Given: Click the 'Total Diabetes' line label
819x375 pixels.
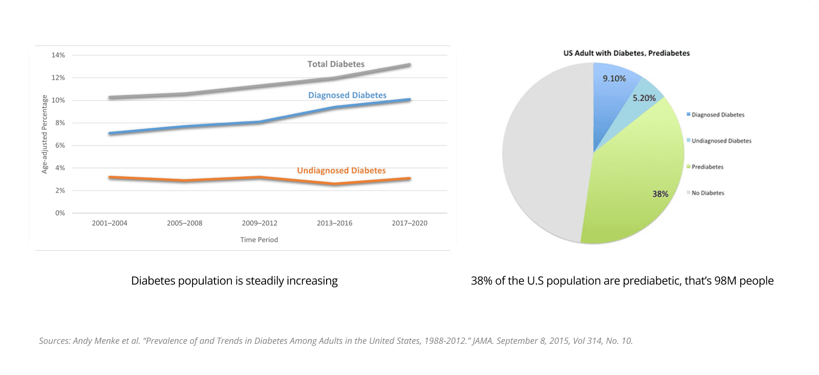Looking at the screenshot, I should coord(336,64).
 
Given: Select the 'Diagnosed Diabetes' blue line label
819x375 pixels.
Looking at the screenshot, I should coord(347,96).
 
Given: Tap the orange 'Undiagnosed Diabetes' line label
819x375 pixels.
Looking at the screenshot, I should coord(341,171).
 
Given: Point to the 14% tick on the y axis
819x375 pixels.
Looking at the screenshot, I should coord(58,55).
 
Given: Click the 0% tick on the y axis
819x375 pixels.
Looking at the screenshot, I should coord(60,213).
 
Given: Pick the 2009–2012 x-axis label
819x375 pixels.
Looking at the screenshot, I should coord(260,223).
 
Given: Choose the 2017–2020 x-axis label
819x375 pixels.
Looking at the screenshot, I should coord(409,223).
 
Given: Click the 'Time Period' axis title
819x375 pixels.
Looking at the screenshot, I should coord(259,240).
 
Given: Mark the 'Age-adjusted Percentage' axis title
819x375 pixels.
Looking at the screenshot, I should coord(45,134).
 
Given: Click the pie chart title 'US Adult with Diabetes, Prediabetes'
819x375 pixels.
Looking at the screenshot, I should coord(627,53).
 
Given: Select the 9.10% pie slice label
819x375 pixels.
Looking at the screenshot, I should coord(614,79).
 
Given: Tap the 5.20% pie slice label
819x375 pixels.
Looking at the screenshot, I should coord(644,98).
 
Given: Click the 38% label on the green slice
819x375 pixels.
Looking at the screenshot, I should coord(660,194).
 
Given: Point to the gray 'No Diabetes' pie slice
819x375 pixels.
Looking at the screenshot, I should coord(543,153).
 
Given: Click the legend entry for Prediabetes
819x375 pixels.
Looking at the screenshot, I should coord(707,167).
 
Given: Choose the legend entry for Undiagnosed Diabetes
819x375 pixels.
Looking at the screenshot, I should coord(721,141).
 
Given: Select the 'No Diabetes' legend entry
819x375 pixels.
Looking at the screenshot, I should coord(708,193).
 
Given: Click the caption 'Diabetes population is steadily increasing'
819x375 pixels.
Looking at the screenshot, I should coord(234,281).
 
